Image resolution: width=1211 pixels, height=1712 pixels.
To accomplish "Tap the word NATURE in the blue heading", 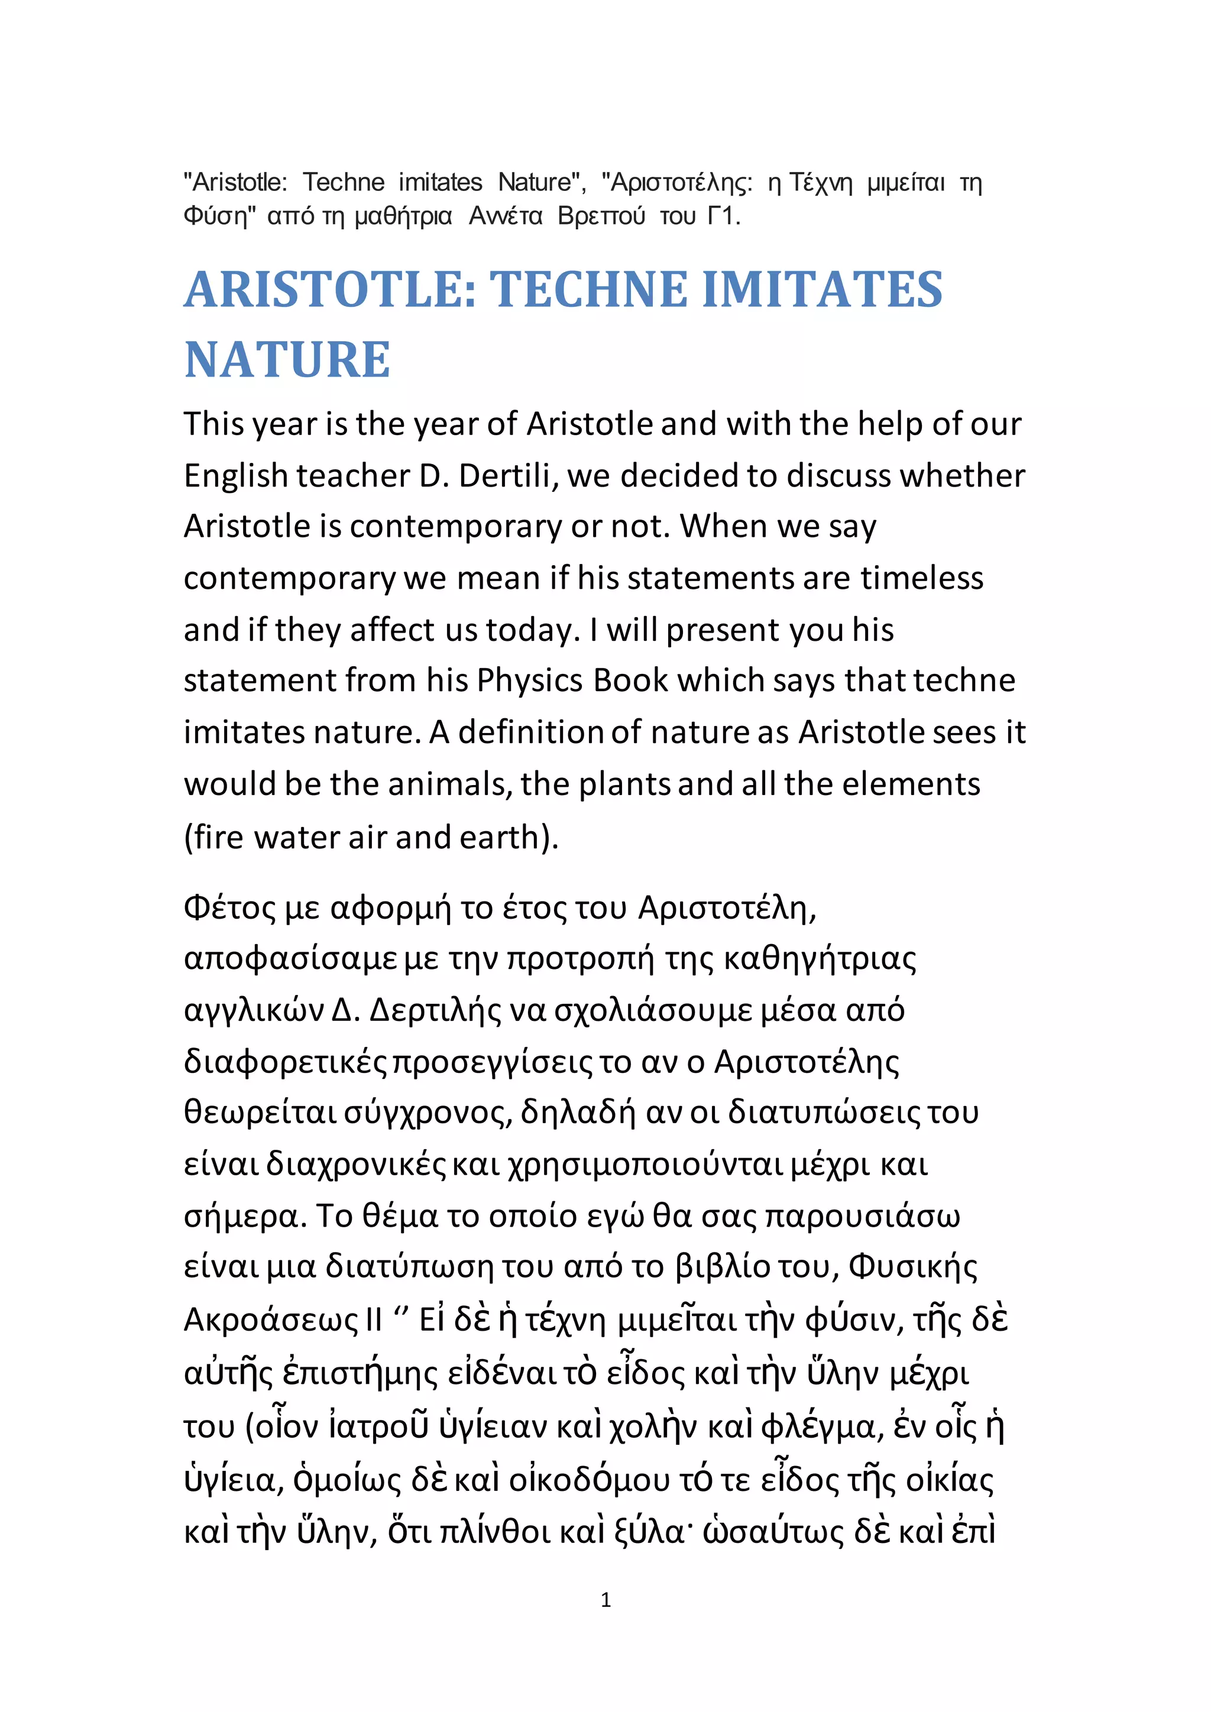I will tap(287, 360).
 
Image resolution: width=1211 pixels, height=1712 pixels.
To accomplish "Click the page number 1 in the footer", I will tap(605, 1600).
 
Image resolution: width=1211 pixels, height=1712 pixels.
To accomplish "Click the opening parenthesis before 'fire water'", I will tap(189, 837).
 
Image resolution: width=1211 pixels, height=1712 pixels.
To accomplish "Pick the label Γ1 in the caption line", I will tap(723, 216).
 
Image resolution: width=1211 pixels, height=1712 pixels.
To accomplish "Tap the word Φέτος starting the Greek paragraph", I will tap(229, 908).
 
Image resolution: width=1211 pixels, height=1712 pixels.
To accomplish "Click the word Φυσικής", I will tap(913, 1267).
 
